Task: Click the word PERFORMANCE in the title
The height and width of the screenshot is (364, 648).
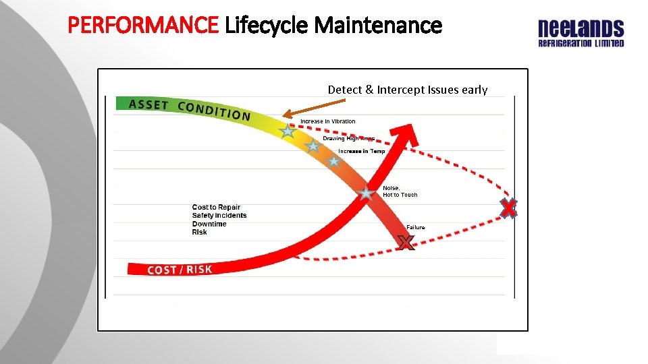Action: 144,26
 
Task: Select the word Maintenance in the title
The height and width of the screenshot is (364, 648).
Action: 378,26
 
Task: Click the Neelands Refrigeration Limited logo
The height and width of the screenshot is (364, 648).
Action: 580,34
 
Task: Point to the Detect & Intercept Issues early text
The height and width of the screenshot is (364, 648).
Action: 408,90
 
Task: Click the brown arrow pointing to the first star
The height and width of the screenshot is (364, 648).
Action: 314,108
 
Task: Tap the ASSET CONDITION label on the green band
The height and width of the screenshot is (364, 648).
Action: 190,109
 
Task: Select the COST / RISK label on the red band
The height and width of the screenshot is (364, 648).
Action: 180,270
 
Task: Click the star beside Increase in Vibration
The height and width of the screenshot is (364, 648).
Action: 288,131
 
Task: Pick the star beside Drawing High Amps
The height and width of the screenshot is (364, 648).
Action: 313,146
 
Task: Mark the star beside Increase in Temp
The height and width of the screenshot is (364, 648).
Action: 333,161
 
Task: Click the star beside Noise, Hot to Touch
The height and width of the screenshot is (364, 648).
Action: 366,193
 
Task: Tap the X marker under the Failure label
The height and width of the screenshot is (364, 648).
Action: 405,243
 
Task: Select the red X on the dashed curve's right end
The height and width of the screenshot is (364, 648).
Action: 508,209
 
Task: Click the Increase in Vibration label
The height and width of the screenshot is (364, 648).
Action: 327,121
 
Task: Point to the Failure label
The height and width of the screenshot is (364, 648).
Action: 416,227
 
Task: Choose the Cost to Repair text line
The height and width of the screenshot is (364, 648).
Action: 216,207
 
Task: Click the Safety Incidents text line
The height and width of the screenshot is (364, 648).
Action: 219,216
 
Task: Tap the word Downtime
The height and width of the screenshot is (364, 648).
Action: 209,224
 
